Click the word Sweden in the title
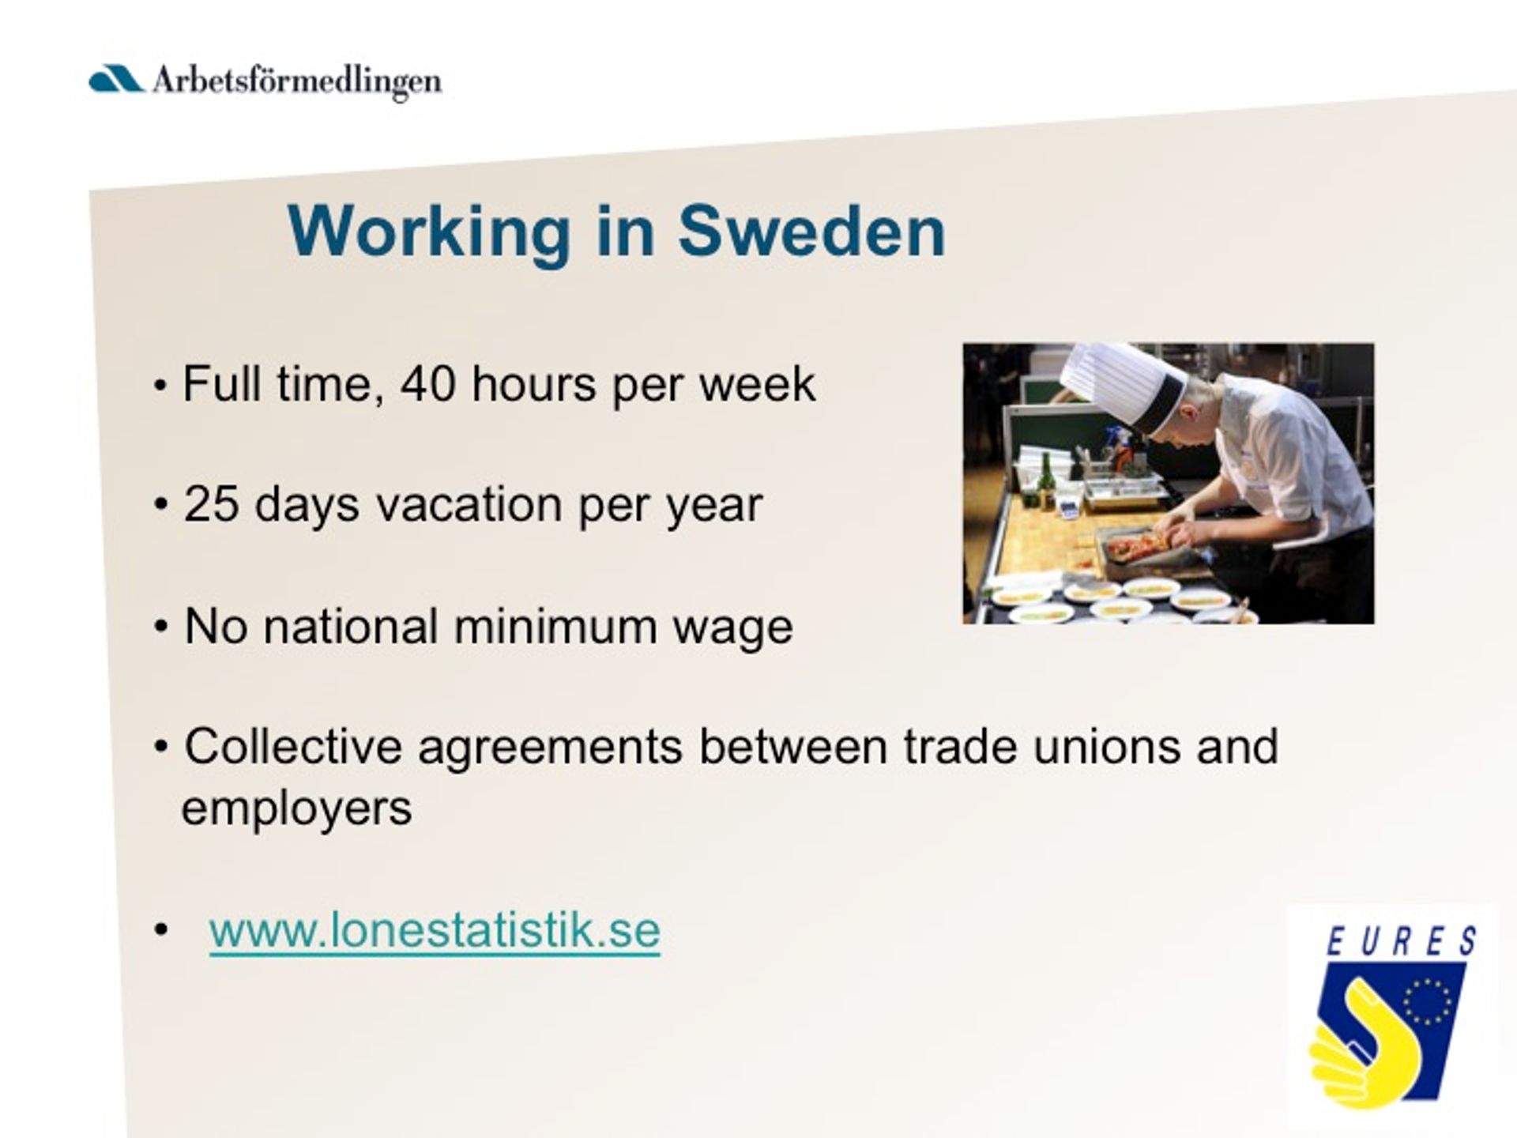click(x=811, y=232)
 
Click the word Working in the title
click(x=429, y=236)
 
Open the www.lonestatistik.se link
click(x=435, y=930)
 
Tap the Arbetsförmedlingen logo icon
click(x=115, y=79)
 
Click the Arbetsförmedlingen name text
click(x=297, y=82)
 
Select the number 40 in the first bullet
click(x=427, y=384)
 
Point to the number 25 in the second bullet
click(x=211, y=504)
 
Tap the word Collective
click(x=293, y=746)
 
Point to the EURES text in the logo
click(x=1400, y=940)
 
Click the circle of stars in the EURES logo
click(x=1428, y=1001)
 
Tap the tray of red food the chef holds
click(x=1138, y=546)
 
